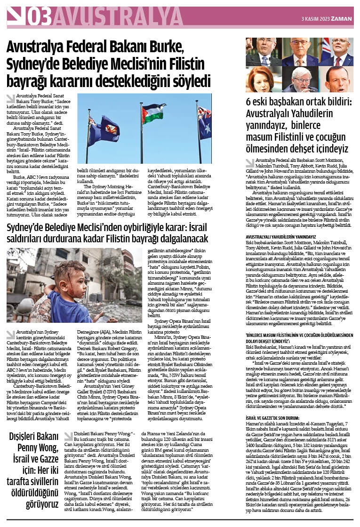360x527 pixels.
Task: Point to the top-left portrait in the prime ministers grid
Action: point(264,52)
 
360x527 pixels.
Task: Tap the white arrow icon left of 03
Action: point(16,16)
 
